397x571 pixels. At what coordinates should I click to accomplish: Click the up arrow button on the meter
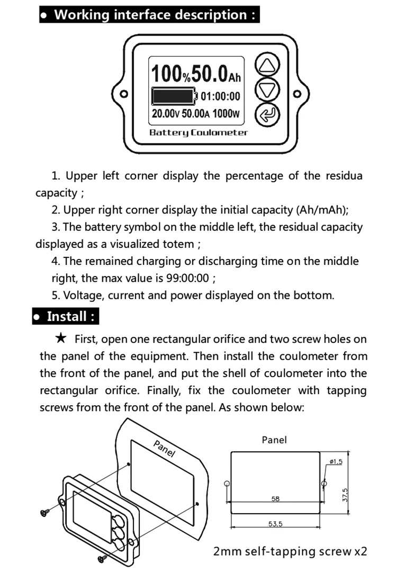pyautogui.click(x=267, y=65)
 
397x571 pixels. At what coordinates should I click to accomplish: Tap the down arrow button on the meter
pyautogui.click(x=267, y=90)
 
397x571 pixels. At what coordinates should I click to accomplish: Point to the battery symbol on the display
pyautogui.click(x=175, y=96)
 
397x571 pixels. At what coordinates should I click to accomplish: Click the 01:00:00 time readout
pyautogui.click(x=221, y=96)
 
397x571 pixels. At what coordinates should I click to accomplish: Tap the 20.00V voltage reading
pyautogui.click(x=166, y=113)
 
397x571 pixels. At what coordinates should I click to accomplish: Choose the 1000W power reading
pyautogui.click(x=226, y=113)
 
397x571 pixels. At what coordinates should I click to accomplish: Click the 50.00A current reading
pyautogui.click(x=196, y=113)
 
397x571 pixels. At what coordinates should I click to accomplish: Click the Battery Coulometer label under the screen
pyautogui.click(x=198, y=132)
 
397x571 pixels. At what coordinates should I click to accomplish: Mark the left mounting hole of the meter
pyautogui.click(x=124, y=94)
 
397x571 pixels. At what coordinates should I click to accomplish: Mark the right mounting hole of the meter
pyautogui.click(x=297, y=94)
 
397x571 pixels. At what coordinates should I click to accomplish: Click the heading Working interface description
pyautogui.click(x=150, y=15)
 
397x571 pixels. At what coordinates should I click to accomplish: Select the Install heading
pyautogui.click(x=66, y=316)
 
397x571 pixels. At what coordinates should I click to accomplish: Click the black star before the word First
pyautogui.click(x=61, y=338)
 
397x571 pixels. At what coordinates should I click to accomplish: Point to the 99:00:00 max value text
pyautogui.click(x=188, y=278)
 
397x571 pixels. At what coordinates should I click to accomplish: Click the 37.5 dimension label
pyautogui.click(x=345, y=495)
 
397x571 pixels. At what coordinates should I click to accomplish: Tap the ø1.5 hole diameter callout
pyautogui.click(x=336, y=462)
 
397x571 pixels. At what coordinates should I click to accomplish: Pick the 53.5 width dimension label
pyautogui.click(x=275, y=524)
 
